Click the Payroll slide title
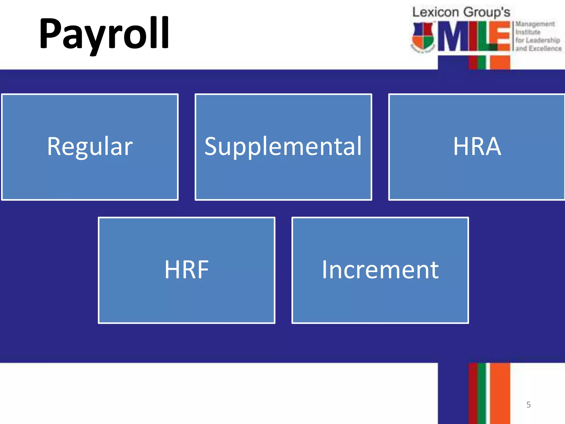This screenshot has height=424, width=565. pos(104,34)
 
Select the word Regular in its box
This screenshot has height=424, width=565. pos(90,146)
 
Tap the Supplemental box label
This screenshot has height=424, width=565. pos(283,146)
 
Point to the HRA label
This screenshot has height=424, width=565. pos(477,146)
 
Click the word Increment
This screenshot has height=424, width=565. pos(380,270)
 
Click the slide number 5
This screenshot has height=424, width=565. pos(528,405)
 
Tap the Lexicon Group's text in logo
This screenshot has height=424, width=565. pos(461,12)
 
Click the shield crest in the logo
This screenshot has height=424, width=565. pos(423,37)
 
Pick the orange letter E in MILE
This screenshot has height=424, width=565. pos(500,36)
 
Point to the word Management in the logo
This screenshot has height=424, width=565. pos(535,24)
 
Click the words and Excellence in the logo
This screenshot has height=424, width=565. pos(539,49)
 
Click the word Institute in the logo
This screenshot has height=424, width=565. pos(528,32)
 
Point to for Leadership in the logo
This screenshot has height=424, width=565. pos(538,40)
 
